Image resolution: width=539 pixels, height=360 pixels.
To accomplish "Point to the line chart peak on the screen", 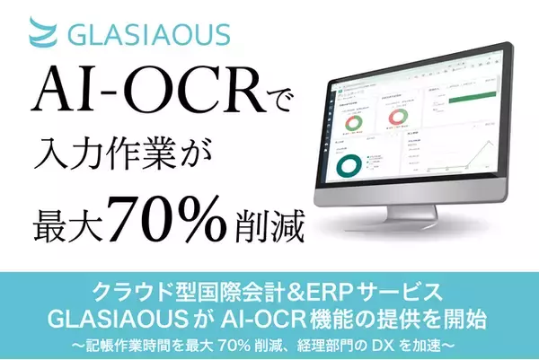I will (490, 144).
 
